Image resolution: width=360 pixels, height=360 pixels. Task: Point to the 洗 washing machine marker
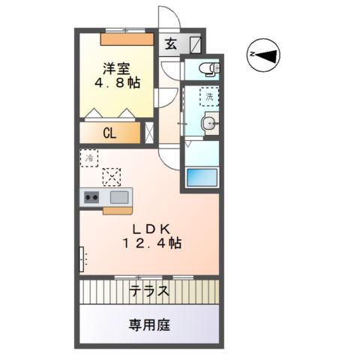click(211, 96)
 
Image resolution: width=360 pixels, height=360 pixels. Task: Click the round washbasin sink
click(210, 124)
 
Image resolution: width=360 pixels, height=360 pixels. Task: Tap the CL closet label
click(109, 135)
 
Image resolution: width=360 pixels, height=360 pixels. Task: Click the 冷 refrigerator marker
click(89, 158)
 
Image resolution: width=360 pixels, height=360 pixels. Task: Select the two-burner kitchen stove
click(92, 197)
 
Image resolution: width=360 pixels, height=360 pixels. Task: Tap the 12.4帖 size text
click(152, 244)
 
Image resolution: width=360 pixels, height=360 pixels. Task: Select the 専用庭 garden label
click(149, 325)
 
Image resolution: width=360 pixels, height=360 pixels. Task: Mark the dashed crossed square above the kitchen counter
click(112, 177)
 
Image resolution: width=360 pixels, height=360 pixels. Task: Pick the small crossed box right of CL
click(148, 135)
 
